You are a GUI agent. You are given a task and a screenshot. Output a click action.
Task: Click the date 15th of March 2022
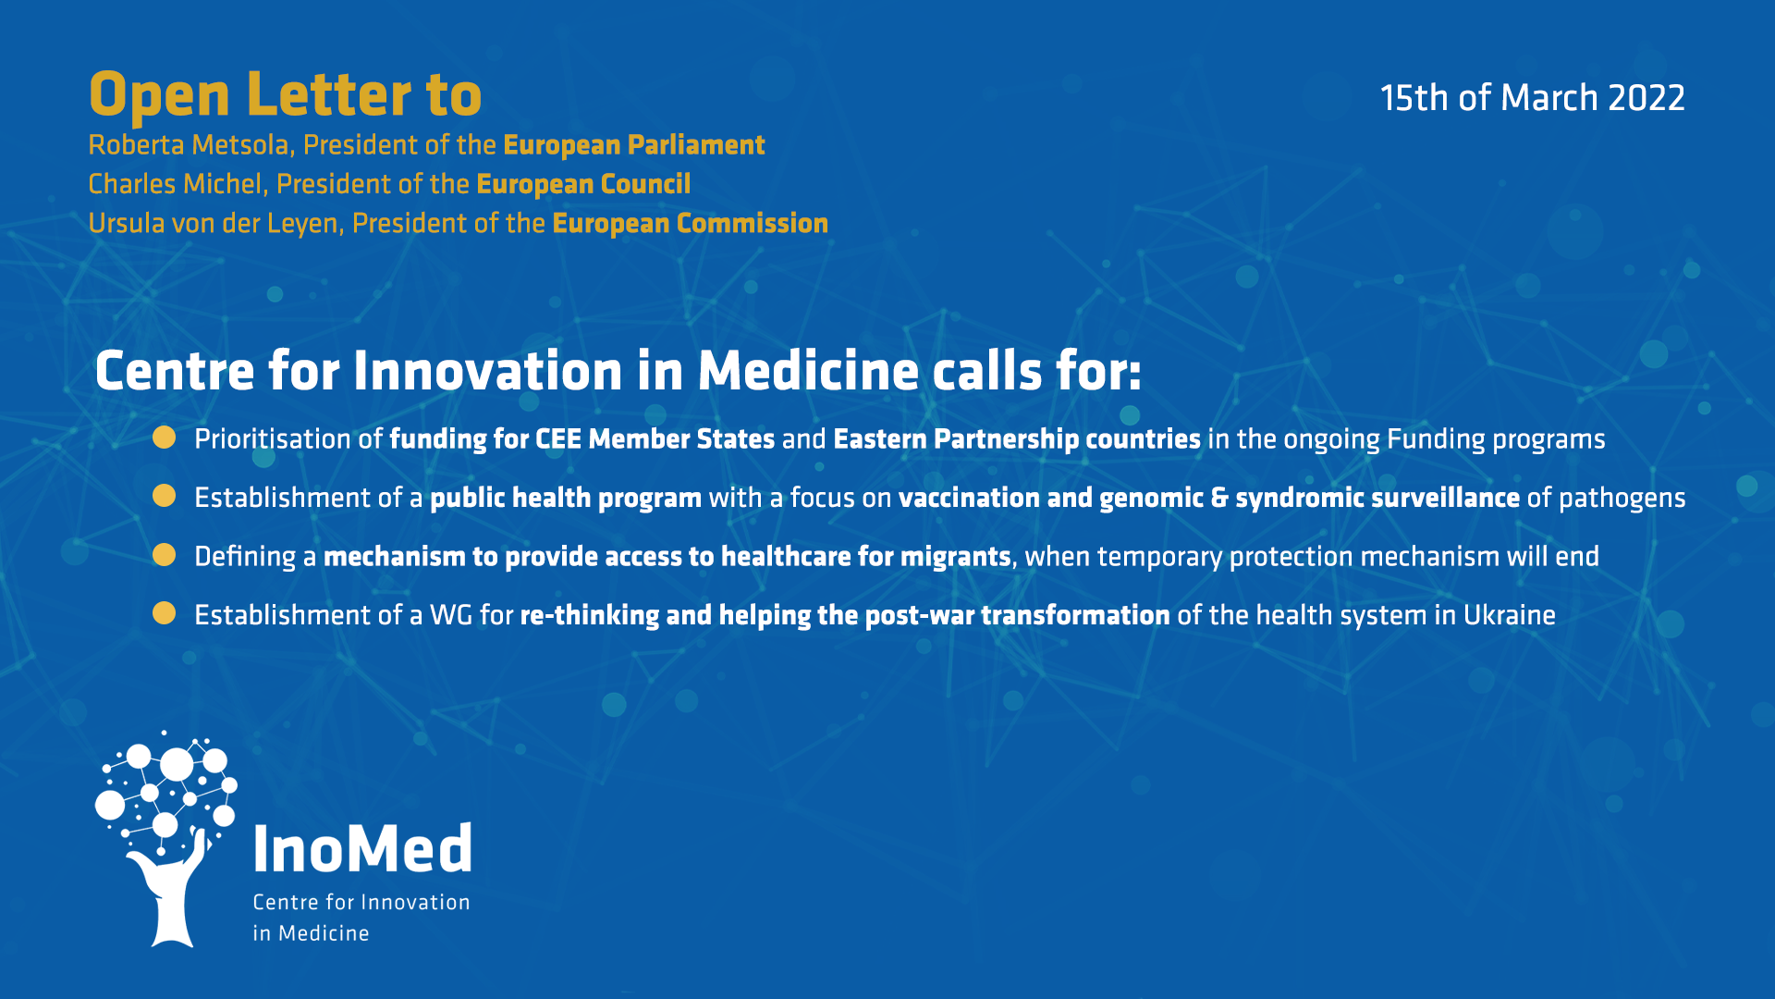point(1532,98)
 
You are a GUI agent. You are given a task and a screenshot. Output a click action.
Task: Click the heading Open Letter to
point(286,95)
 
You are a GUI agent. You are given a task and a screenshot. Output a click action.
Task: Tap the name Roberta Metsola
point(190,145)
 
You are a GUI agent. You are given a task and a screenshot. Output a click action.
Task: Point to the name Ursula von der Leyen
point(214,224)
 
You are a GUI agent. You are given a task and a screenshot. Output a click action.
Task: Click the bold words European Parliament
point(634,146)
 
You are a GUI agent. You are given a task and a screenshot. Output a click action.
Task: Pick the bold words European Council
point(583,185)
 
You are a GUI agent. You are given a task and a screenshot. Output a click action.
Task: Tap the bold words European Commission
point(690,224)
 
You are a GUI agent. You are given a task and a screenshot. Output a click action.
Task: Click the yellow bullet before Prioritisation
point(165,438)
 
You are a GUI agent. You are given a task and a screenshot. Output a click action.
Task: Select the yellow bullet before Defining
point(165,555)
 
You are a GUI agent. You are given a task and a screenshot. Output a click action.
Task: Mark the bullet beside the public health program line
point(165,497)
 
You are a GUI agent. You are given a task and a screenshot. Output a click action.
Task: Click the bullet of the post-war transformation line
point(165,613)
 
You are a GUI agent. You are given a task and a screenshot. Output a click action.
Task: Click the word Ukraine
point(1510,615)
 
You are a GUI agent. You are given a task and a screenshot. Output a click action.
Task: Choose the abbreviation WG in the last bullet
point(451,615)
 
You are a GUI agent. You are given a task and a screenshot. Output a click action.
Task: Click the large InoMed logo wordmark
point(362,848)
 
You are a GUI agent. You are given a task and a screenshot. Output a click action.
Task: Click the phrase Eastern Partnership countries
point(1017,439)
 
